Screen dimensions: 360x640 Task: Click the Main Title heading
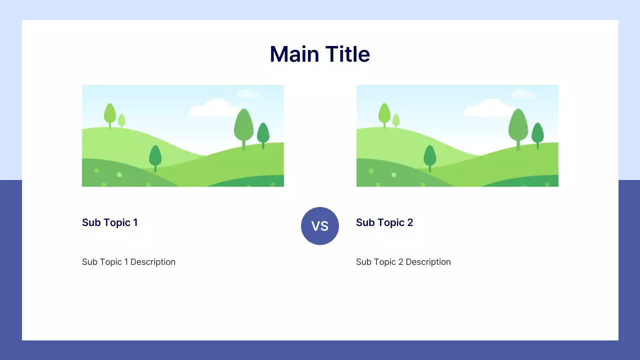pyautogui.click(x=319, y=54)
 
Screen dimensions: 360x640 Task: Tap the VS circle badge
pyautogui.click(x=320, y=226)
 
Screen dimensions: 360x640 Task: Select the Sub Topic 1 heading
pyautogui.click(x=109, y=222)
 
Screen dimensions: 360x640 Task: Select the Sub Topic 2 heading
pyautogui.click(x=384, y=222)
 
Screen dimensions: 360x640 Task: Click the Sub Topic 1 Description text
pyautogui.click(x=128, y=262)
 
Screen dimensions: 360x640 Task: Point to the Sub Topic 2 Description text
pyautogui.click(x=403, y=262)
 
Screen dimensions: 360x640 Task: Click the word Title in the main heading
pyautogui.click(x=347, y=54)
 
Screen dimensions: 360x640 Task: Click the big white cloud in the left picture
pyautogui.click(x=215, y=108)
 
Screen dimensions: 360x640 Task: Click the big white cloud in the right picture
pyautogui.click(x=489, y=108)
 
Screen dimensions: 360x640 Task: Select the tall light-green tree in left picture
pyautogui.click(x=110, y=113)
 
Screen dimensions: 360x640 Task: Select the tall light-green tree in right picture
pyautogui.click(x=384, y=113)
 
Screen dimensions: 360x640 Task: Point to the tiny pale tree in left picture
pyautogui.click(x=121, y=120)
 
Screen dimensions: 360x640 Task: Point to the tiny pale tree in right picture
pyautogui.click(x=396, y=120)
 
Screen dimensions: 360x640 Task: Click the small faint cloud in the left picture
pyautogui.click(x=247, y=93)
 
